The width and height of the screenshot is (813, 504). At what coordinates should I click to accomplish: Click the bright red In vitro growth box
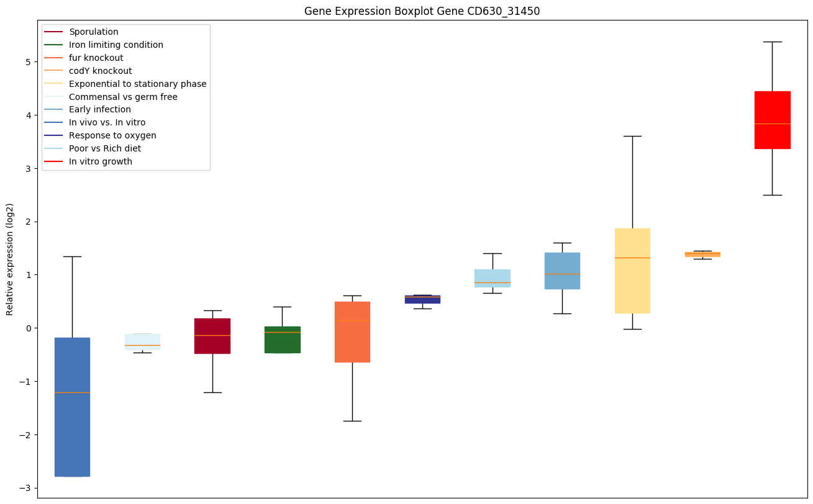tap(772, 120)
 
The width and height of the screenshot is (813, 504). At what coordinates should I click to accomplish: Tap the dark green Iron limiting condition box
tap(282, 340)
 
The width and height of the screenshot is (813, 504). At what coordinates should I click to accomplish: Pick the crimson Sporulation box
tap(212, 336)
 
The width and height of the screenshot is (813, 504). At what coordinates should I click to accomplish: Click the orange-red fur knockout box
tap(352, 331)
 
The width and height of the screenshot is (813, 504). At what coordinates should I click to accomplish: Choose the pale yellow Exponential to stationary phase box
tap(632, 271)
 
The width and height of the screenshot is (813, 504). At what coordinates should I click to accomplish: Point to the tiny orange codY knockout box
tap(702, 254)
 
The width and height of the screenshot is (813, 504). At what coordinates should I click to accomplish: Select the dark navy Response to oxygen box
tap(422, 299)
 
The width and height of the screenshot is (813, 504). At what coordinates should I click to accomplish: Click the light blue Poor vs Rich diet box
tap(493, 278)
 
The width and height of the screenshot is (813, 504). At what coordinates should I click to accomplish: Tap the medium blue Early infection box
tap(562, 271)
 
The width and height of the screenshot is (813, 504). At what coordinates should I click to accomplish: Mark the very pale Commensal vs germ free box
tap(142, 341)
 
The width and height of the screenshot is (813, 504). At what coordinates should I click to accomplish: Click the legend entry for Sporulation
tap(94, 32)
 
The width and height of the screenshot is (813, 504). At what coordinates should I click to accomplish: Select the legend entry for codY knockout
tap(100, 71)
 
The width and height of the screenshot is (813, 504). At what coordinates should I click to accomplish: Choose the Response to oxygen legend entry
tap(112, 135)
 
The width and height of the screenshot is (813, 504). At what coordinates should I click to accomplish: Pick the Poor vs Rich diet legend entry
tap(105, 148)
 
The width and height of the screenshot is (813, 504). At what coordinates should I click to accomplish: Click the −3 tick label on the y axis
tap(26, 488)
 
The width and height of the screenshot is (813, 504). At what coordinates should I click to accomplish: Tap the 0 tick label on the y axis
tap(29, 328)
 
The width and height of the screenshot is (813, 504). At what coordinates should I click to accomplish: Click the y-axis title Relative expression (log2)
tap(10, 259)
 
